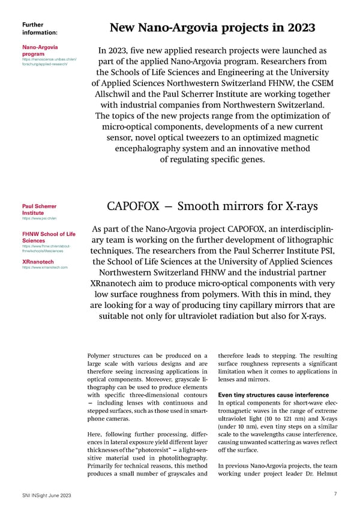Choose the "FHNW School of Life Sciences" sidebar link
pyautogui.click(x=49, y=236)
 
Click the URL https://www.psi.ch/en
pyautogui.click(x=31, y=219)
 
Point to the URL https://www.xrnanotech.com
pyautogui.click(x=44, y=267)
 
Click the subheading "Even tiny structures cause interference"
pyautogui.click(x=274, y=395)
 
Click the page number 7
pyautogui.click(x=335, y=493)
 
